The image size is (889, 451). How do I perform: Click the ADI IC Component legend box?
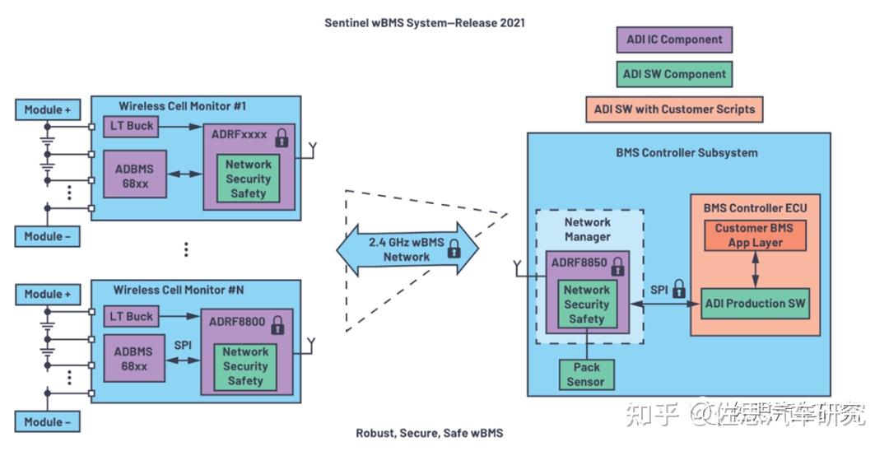pos(673,40)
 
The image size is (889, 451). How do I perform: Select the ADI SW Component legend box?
pos(673,74)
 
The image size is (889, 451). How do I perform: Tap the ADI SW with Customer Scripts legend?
pos(674,109)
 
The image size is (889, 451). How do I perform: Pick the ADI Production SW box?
pos(755,303)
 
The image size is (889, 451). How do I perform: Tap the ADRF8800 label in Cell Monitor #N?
pos(236,322)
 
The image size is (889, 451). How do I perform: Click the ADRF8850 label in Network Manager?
pos(578,266)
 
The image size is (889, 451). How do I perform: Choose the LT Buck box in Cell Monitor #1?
pos(132,126)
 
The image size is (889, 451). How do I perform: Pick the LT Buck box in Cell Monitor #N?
pos(132,316)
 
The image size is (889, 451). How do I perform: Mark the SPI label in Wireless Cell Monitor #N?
pos(183,345)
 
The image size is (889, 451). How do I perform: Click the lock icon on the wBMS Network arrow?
pos(454,250)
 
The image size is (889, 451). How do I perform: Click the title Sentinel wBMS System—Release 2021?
pos(424,23)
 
